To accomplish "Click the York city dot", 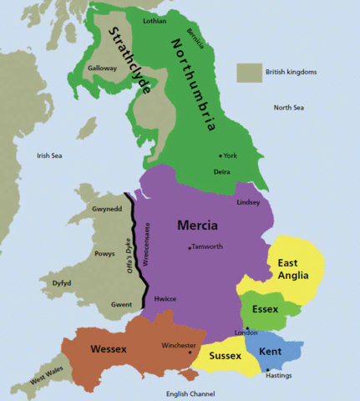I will click(221, 156).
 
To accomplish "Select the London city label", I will click(246, 332).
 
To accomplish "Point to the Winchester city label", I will click(179, 345).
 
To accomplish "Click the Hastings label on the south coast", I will click(278, 375).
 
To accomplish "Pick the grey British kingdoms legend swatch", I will click(248, 73).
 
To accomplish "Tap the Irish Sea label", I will click(49, 155).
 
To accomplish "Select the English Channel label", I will click(190, 393).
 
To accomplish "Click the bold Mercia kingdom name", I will click(198, 226).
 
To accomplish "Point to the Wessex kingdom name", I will click(109, 348).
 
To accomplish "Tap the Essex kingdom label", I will click(264, 309).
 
